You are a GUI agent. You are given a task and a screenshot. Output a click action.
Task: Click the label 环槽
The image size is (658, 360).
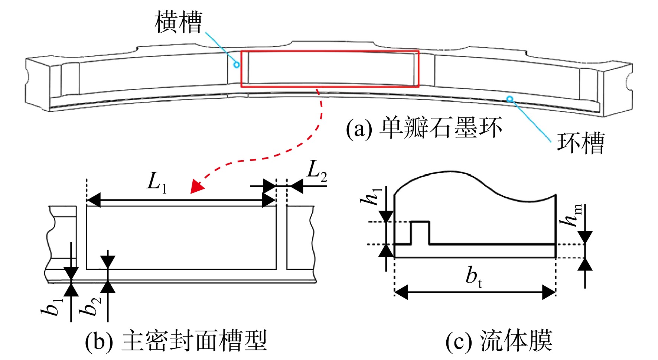580,143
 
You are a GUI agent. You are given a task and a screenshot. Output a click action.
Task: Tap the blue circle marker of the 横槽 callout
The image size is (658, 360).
236,65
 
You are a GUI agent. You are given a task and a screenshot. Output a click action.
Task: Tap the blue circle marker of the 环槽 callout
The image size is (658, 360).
510,99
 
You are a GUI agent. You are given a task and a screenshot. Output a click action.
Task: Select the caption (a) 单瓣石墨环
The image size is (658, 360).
424,128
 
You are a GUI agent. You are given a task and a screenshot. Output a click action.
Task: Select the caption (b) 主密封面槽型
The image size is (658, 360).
176,341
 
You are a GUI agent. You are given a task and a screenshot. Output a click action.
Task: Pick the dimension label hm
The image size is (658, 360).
571,215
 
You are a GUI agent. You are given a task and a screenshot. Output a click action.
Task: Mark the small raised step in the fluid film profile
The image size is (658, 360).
420,233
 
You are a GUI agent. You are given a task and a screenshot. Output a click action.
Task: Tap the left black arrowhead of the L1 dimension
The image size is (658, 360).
94,200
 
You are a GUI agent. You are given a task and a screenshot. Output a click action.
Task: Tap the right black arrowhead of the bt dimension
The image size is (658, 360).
548,292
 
